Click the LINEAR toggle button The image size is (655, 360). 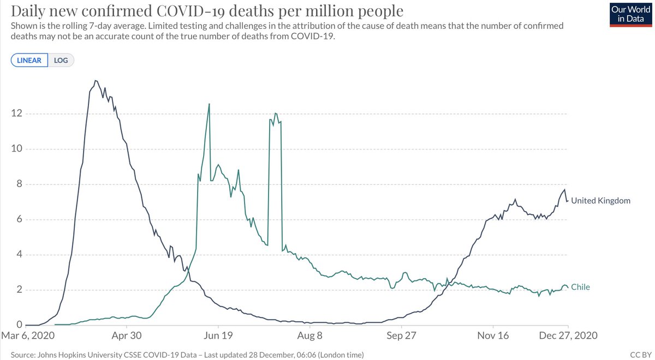29,60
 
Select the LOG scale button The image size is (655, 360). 61,60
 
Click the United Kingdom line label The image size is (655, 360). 600,201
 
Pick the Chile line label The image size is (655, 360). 580,287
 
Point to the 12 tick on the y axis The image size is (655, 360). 16,114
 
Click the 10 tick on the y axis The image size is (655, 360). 16,149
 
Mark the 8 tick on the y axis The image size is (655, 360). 19,184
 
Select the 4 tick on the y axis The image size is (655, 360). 19,255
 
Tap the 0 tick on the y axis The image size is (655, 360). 19,325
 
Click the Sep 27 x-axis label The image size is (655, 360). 401,336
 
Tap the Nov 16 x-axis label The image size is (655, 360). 493,336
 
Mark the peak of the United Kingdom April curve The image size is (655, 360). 96,81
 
